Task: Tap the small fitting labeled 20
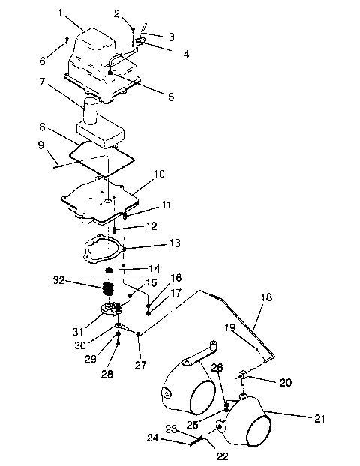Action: [x=244, y=375]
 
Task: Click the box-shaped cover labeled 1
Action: [x=94, y=49]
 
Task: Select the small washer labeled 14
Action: [x=109, y=270]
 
